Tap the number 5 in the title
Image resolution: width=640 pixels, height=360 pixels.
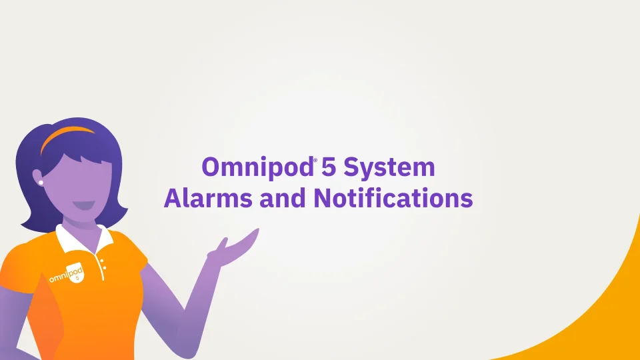(328, 167)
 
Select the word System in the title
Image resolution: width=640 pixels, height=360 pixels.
(389, 168)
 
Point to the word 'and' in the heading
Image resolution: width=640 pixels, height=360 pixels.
(283, 198)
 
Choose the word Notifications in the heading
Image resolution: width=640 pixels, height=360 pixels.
(393, 198)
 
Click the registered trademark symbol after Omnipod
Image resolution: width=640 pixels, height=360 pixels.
(315, 159)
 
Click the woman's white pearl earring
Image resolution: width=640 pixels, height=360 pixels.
(41, 183)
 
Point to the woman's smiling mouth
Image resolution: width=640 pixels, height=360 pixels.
(84, 205)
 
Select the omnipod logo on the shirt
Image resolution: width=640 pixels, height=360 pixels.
(67, 273)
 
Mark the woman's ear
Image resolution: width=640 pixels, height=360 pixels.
(37, 177)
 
